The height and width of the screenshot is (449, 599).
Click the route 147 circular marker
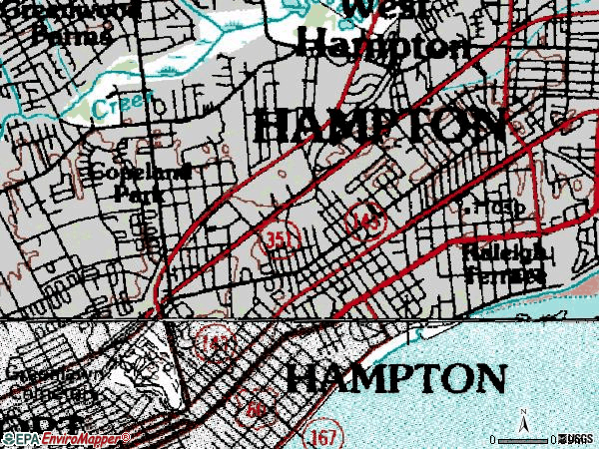[212, 342]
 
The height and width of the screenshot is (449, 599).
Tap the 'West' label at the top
[385, 8]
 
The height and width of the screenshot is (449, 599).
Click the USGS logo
[576, 439]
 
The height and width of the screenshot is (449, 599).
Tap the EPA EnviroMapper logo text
[66, 439]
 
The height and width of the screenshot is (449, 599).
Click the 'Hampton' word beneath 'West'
[384, 45]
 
